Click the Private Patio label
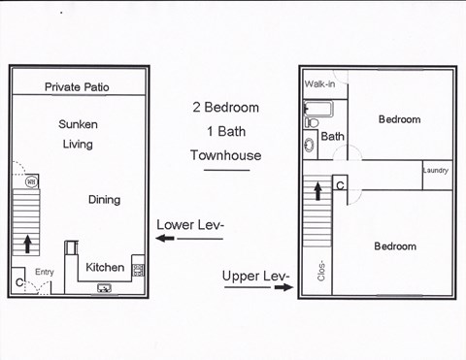coord(77,87)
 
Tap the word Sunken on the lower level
coord(78,125)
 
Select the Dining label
coord(104,200)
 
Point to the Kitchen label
coord(105,267)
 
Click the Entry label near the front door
coord(46,273)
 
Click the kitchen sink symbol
coord(104,286)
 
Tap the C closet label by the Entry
coord(19,282)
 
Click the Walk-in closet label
coord(320,84)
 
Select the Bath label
coord(332,137)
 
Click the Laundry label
coord(435,172)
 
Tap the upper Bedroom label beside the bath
coord(399,119)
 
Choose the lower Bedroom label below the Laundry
coord(394,246)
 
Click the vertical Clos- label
coord(320,267)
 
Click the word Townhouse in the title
coord(227,155)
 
